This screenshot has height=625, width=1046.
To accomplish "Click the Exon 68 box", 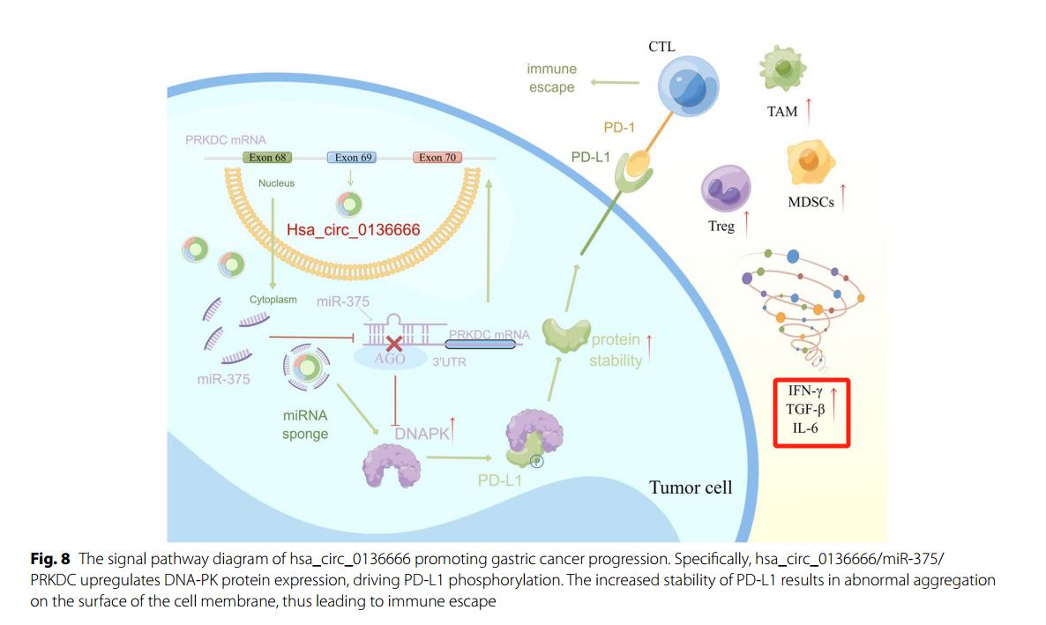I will (267, 158).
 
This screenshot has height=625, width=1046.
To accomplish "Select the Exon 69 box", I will (353, 158).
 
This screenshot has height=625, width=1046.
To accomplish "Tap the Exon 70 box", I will (437, 158).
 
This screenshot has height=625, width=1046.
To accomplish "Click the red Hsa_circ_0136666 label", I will (353, 229).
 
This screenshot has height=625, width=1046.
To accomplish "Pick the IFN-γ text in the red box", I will (805, 391).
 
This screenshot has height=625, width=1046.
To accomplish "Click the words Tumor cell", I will (691, 487).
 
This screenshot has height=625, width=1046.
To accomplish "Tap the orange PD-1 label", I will (619, 128).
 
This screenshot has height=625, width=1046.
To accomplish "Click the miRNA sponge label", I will (305, 424).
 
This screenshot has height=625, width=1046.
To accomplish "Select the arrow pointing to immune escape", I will (616, 82).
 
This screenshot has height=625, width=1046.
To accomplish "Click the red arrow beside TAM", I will (809, 110).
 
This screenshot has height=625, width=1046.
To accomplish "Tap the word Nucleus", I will (276, 183).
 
